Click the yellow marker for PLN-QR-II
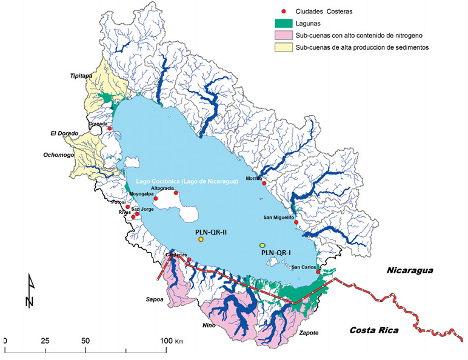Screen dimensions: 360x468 (201, 239)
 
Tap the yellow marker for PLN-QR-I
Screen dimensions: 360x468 (262, 244)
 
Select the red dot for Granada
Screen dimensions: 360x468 (109, 128)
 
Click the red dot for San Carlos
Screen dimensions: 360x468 (318, 272)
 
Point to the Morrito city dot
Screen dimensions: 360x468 (264, 183)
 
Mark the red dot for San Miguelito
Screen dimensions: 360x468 (296, 222)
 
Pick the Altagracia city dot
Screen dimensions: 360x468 (176, 192)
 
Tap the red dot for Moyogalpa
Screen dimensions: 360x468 (156, 199)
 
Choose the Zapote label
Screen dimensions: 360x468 (309, 333)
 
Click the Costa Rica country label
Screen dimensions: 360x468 (373, 330)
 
